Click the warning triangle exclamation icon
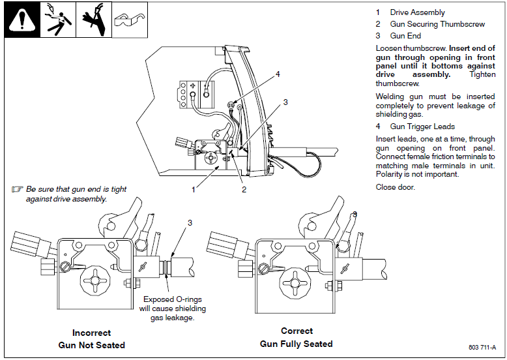(x=22, y=20)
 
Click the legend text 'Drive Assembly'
(x=417, y=12)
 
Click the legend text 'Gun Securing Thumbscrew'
(x=437, y=24)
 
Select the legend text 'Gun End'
(x=405, y=36)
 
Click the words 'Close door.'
(x=396, y=187)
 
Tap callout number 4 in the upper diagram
(x=278, y=74)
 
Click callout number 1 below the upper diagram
(x=194, y=189)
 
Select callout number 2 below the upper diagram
(x=244, y=189)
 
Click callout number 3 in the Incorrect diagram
(x=190, y=223)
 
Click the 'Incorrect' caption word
(x=92, y=333)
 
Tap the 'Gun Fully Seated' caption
(x=297, y=344)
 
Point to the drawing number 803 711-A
(x=482, y=348)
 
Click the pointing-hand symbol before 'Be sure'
(x=18, y=190)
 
